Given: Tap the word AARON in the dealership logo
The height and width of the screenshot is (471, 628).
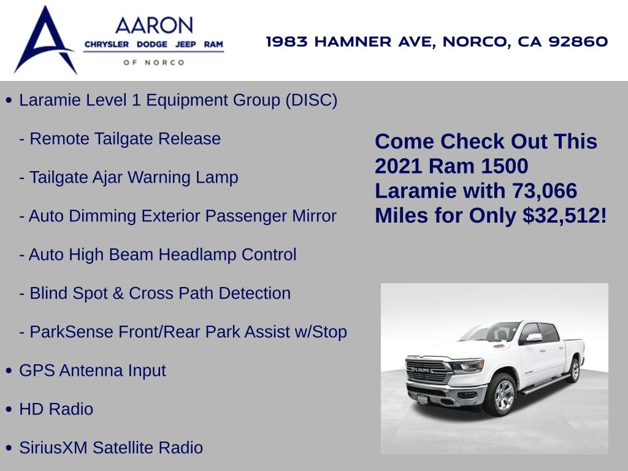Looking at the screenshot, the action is click(154, 26).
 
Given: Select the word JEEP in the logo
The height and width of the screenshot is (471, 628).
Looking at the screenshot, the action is click(185, 44).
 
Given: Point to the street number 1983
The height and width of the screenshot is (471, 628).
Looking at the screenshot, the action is click(287, 41).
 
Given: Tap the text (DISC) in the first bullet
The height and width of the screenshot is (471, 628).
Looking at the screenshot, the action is click(311, 100).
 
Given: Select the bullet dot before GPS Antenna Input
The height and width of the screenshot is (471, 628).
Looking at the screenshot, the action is click(9, 371).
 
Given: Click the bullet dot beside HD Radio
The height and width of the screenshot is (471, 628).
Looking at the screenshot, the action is click(9, 409).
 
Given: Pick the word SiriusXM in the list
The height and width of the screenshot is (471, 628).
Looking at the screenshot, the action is click(53, 448).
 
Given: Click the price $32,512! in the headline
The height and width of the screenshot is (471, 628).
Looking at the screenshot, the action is click(565, 215).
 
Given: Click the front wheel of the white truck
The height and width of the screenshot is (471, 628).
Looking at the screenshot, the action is click(501, 395).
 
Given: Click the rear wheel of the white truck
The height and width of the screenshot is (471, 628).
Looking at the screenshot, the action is click(574, 370).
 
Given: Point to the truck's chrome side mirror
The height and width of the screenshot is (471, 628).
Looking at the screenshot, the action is click(534, 338).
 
